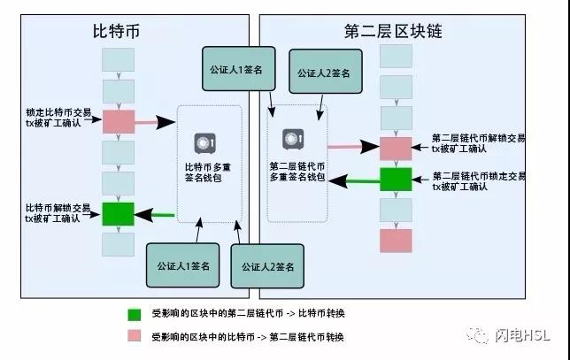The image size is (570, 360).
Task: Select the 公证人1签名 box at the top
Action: coord(235,68)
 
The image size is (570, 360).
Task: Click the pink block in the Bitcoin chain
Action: coord(118,122)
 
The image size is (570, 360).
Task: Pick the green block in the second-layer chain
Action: coord(396,180)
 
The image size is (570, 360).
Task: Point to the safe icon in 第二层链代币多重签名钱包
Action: coord(293,138)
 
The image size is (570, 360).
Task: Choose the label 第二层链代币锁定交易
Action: coord(478,180)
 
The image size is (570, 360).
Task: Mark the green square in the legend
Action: coord(134,314)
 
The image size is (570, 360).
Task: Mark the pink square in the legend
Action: coord(134,337)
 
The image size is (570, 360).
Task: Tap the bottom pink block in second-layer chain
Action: coord(396,240)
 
